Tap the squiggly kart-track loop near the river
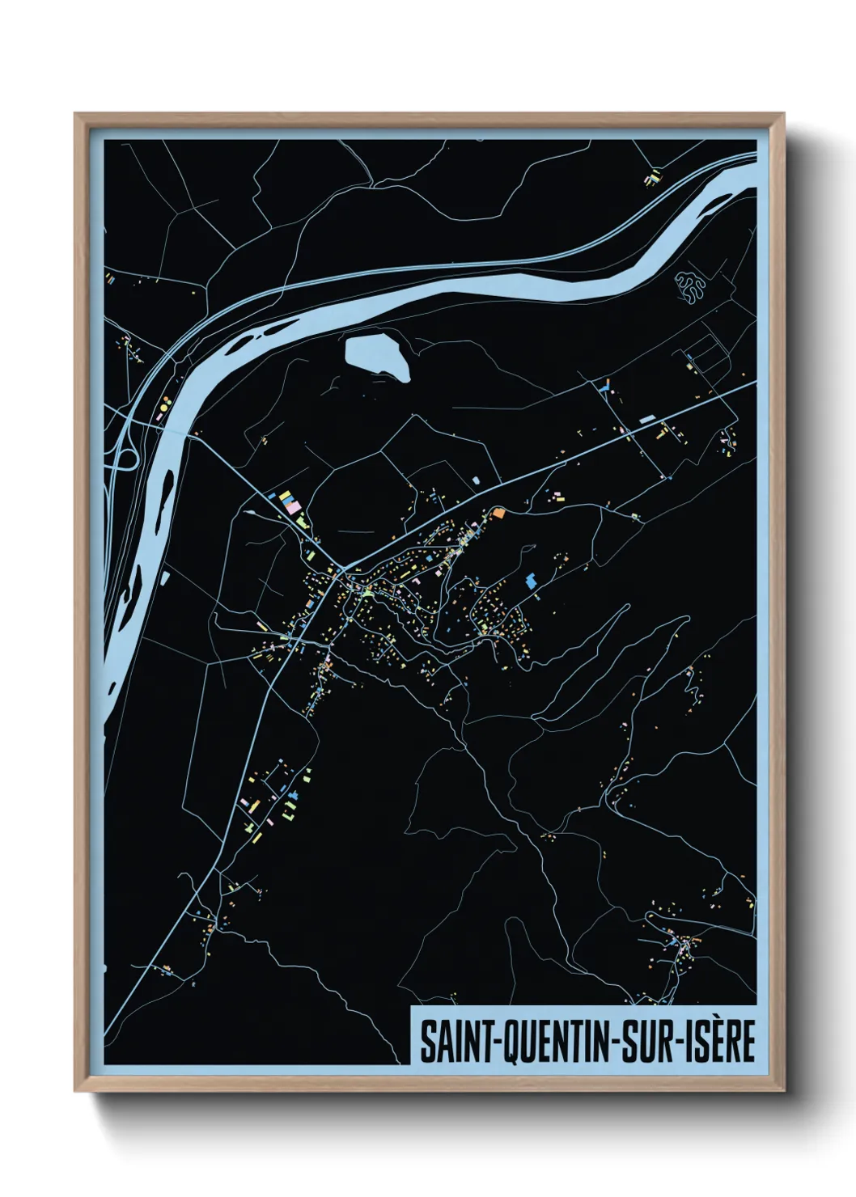(690, 287)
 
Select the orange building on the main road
(499, 512)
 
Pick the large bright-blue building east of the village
(532, 581)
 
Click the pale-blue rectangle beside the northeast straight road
(647, 420)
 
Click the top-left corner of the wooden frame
(75, 114)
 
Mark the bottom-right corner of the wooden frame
(784, 1092)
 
